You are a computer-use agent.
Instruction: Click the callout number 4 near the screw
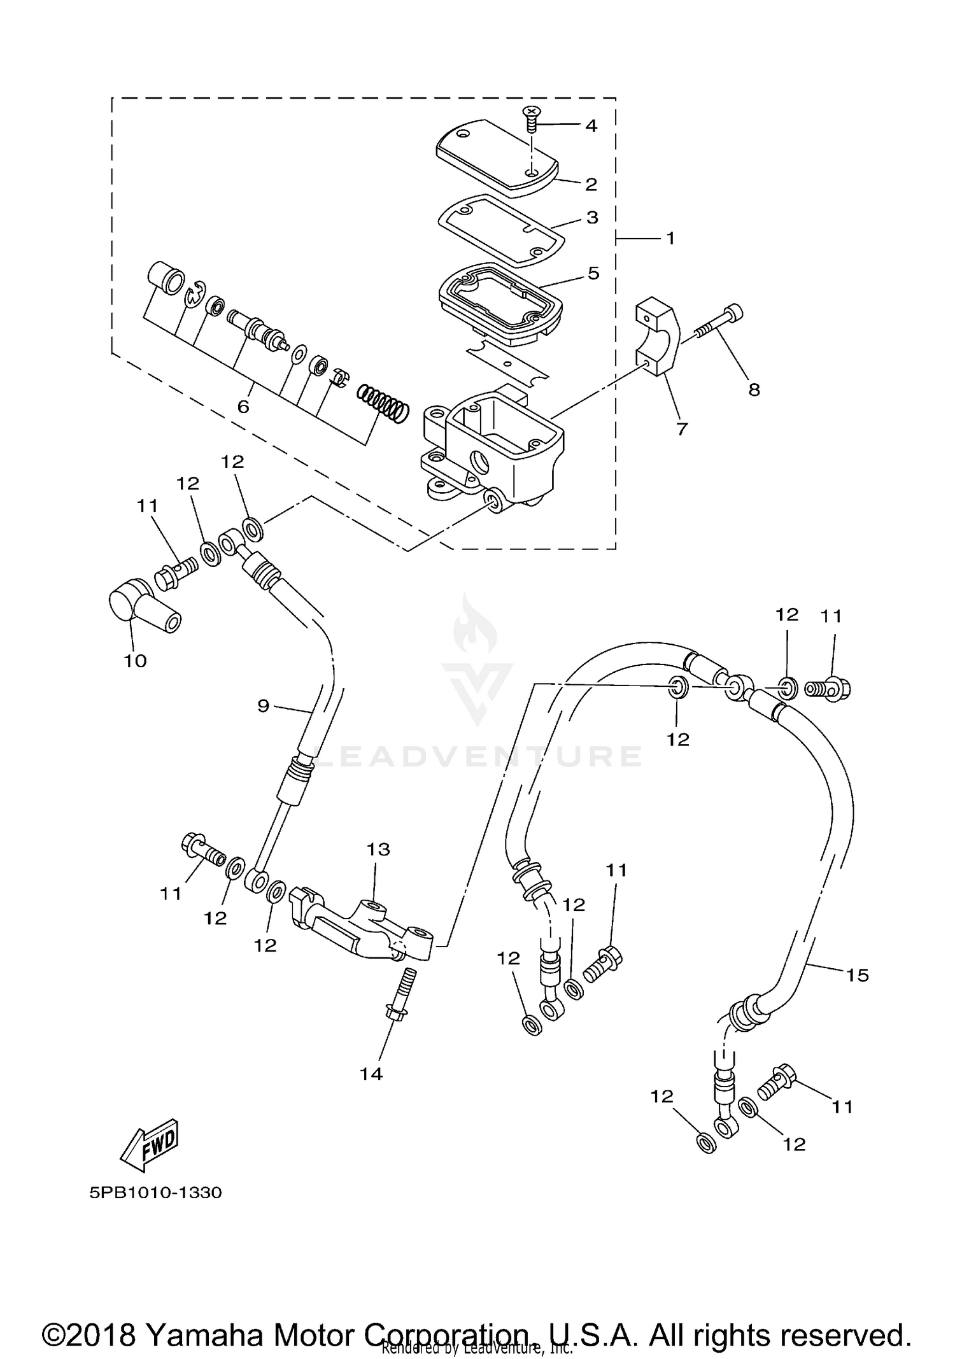tap(591, 126)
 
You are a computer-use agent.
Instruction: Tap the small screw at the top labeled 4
tap(531, 118)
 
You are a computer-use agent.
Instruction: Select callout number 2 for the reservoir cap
tap(591, 185)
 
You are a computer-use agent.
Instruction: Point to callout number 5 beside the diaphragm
tap(593, 273)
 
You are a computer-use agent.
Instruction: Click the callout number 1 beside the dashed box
tap(670, 238)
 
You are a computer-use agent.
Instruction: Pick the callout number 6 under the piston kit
tap(243, 406)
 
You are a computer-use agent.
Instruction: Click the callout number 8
tap(754, 390)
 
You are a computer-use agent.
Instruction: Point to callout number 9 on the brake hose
tap(264, 705)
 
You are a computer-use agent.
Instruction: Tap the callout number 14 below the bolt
tap(371, 1074)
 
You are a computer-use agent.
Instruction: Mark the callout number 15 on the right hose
tap(857, 975)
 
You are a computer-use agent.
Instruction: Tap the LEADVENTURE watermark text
tap(478, 756)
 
